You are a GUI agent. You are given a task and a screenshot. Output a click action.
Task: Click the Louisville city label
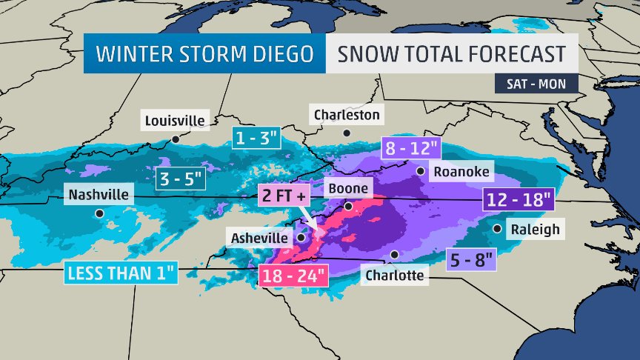point(176,120)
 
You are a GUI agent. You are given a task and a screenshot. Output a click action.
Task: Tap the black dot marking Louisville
point(176,139)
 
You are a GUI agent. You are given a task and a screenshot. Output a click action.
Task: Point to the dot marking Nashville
point(99,214)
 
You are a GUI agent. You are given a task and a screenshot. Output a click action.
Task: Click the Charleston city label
point(347,115)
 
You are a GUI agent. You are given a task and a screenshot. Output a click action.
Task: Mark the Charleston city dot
point(346,133)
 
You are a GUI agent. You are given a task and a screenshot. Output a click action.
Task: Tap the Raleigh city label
point(536,229)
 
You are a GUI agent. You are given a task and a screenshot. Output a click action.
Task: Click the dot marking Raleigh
point(496,228)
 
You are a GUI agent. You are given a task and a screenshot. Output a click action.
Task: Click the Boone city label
point(347,189)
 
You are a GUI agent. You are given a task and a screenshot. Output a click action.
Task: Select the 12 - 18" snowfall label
point(519,199)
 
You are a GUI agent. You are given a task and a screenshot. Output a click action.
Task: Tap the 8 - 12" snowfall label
point(410,149)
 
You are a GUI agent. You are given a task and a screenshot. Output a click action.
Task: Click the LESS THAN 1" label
point(121,273)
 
